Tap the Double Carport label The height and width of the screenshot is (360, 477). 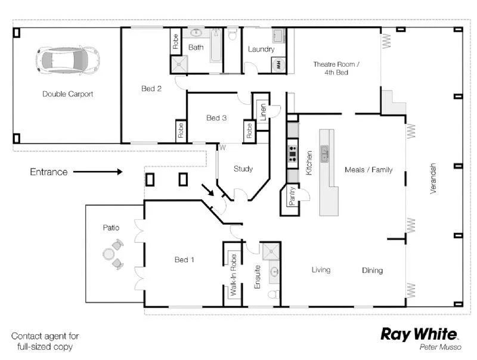coord(67,94)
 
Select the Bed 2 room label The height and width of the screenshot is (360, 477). coord(151,89)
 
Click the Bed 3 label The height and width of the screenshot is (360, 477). coord(216,118)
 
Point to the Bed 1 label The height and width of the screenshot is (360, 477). coord(184,260)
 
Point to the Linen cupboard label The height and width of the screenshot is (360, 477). coord(262,110)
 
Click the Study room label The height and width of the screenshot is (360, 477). coord(243,169)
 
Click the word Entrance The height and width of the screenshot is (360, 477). coord(49,172)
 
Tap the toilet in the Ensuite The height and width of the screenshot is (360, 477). coord(273,294)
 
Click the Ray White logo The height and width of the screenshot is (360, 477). coord(419,334)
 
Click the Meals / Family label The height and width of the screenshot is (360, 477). coord(368,170)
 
